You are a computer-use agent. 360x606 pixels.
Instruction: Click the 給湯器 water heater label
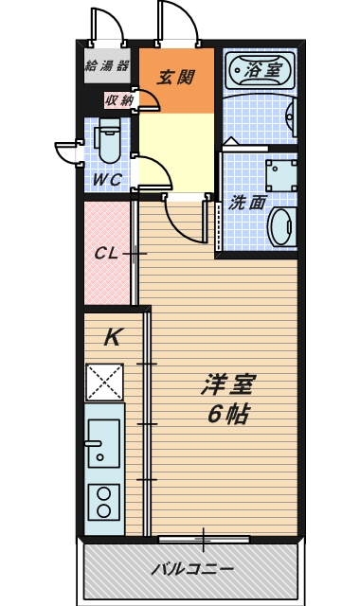point(107,65)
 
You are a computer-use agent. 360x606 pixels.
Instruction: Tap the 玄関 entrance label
point(175,78)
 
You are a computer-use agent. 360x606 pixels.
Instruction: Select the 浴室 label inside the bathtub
point(263,69)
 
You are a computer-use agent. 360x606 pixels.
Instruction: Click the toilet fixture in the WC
point(110,141)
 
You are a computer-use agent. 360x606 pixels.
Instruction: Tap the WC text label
point(108,180)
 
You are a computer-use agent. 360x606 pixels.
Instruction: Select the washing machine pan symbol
point(281,176)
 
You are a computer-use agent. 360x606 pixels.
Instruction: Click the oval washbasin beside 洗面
point(283,226)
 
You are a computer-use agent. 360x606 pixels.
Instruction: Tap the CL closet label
point(106,254)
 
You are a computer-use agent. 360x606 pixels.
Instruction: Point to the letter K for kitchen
point(114,337)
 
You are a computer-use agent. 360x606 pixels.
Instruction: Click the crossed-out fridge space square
point(105,383)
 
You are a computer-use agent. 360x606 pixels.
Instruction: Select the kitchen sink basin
point(103,443)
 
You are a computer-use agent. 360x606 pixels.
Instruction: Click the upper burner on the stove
point(103,494)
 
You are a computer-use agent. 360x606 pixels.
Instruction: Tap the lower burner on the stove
point(103,511)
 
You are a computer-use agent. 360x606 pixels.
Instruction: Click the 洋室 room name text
point(227,384)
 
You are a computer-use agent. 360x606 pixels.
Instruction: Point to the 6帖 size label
point(228,415)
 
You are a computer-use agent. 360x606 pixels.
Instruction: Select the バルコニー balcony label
point(192,569)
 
